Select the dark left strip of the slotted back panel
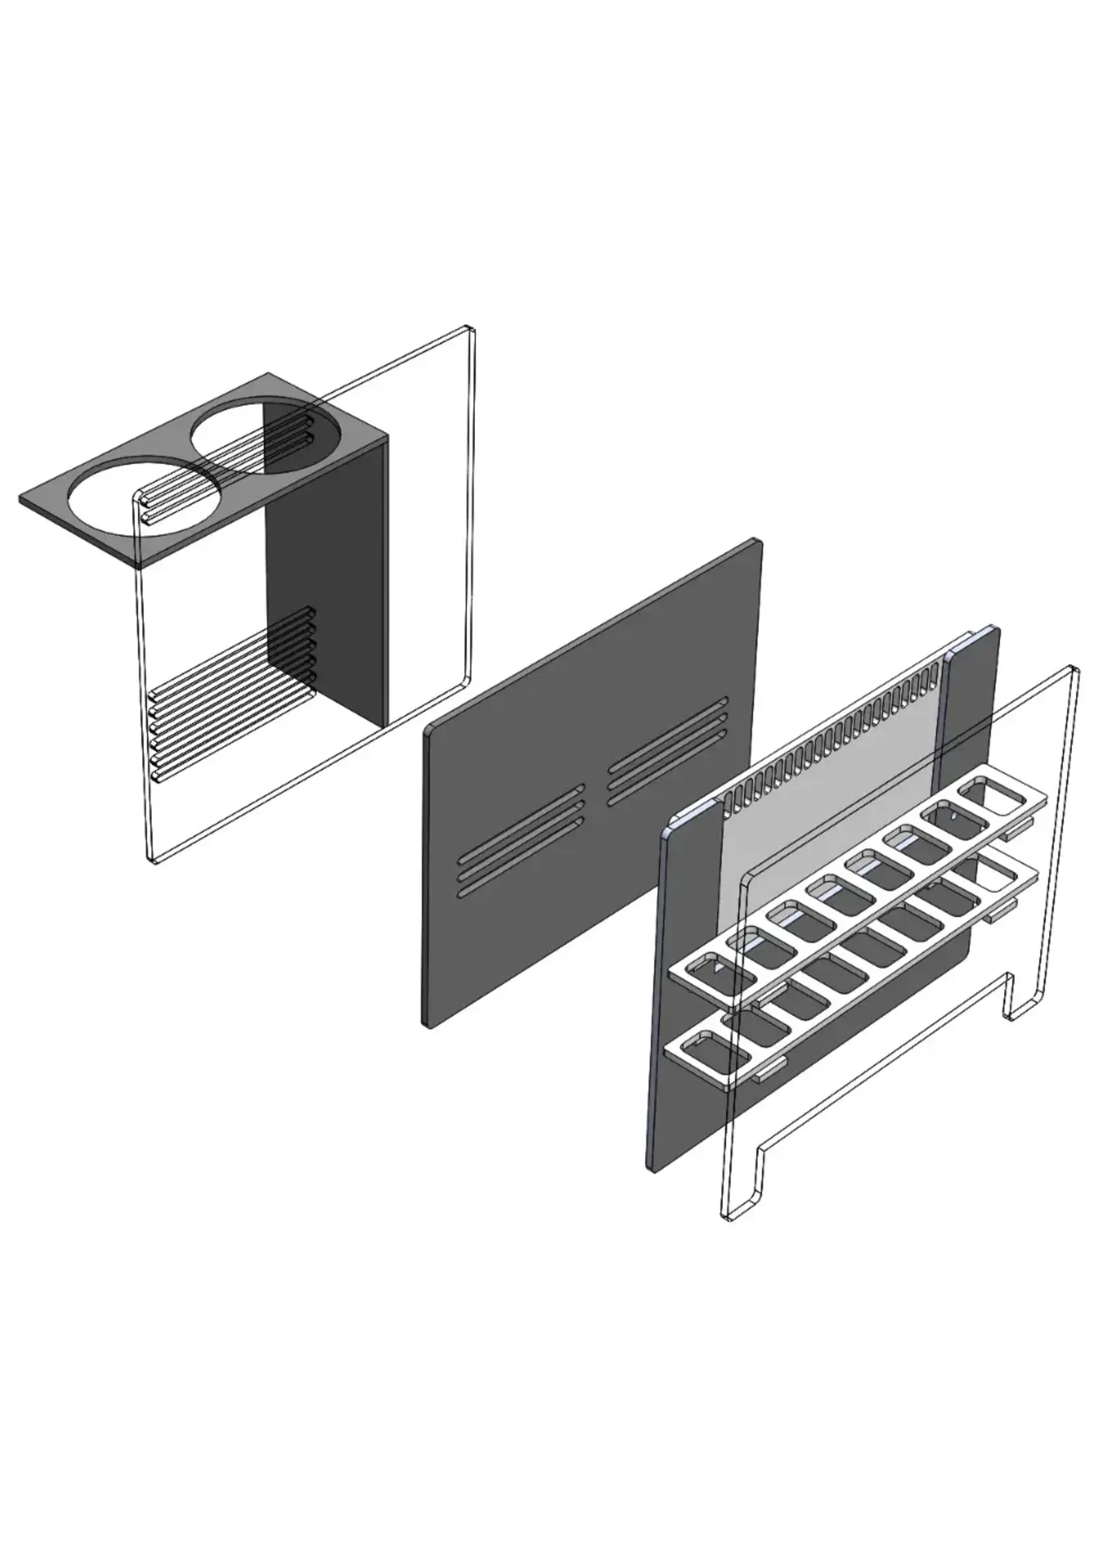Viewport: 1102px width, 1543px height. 685,984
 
